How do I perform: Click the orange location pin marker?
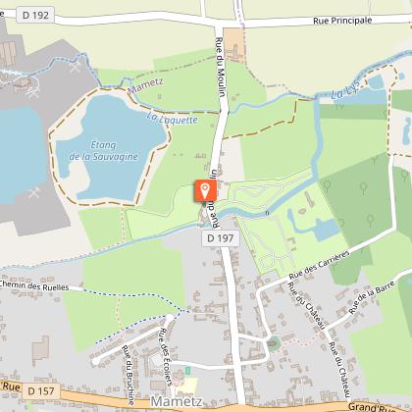coord(204,191)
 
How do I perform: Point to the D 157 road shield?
coord(40,391)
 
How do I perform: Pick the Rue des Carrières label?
coord(319,270)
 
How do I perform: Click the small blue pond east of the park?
coord(326,230)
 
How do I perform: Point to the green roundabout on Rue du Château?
coord(273,342)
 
